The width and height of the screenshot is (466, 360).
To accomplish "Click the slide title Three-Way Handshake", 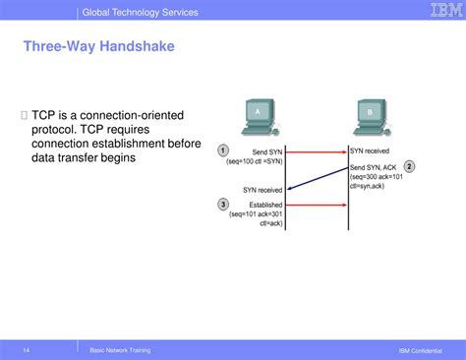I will click(87, 46).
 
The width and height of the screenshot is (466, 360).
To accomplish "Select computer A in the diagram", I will click(258, 118).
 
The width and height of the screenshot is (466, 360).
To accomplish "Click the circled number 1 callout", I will click(224, 150).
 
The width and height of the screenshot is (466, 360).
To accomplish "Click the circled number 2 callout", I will click(410, 167).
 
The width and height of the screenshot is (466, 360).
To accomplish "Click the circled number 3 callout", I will click(224, 204).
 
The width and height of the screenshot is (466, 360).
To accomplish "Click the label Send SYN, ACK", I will click(375, 168).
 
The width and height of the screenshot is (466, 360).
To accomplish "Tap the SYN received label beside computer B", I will click(370, 151).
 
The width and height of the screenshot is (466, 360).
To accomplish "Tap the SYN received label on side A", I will click(262, 189).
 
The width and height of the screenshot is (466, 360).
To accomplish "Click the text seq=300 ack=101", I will click(377, 178).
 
